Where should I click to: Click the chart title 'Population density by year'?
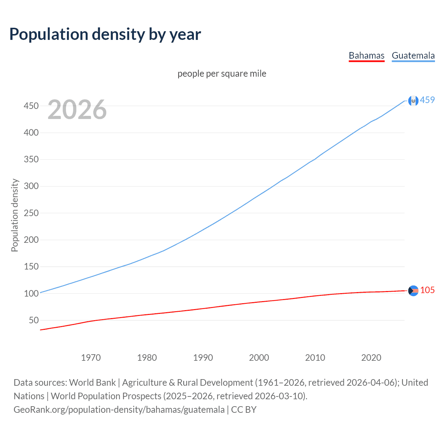pos(105,34)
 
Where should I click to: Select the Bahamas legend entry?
pos(366,55)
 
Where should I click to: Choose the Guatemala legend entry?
pos(413,55)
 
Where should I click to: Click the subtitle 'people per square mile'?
pos(222,74)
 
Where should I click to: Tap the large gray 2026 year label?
pos(77,110)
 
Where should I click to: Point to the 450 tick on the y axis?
pos(31,106)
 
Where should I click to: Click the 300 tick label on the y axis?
pos(31,186)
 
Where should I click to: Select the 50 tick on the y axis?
pos(34,320)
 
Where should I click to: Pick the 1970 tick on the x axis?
pos(91,358)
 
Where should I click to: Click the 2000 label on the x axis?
pos(259,358)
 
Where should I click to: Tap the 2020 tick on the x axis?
pos(371,358)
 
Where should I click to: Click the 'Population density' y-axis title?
pos(15,215)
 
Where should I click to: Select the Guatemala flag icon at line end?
pos(413,101)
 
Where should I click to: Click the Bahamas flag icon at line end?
pos(413,291)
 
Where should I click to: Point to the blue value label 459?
pos(427,100)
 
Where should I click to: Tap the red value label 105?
pos(427,290)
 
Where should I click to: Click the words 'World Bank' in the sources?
pos(92,382)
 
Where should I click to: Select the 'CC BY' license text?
pos(244,409)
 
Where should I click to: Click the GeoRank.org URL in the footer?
pos(119,409)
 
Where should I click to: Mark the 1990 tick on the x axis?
pos(203,358)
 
